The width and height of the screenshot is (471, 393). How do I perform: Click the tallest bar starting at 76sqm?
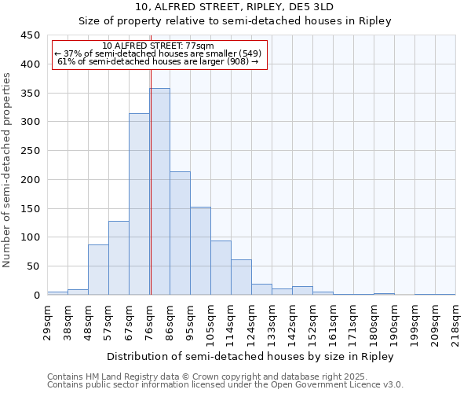point(159,192)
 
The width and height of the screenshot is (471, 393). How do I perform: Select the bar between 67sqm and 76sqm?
point(139,204)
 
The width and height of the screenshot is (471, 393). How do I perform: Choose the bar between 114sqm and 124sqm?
point(241,277)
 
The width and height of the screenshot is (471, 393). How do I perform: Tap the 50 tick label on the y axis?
point(33,266)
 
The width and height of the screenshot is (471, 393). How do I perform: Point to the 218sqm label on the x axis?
point(455,322)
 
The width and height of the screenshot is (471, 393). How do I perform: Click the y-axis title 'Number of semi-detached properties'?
point(8,170)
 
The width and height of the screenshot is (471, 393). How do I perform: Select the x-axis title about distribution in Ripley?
point(251,356)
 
